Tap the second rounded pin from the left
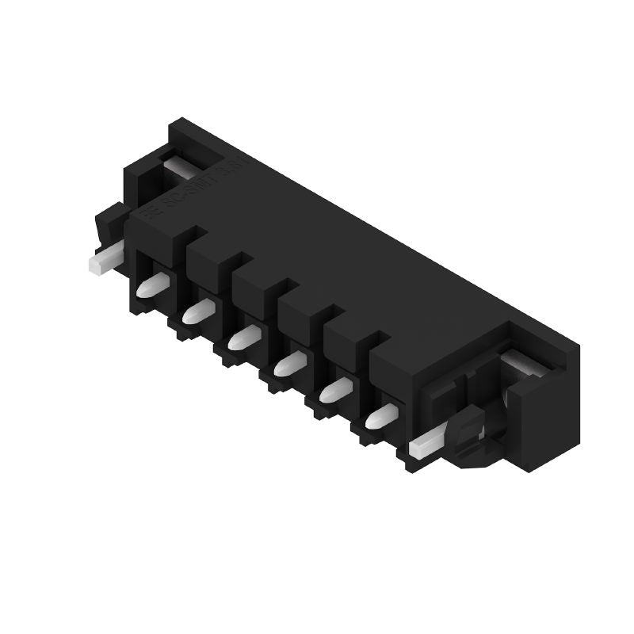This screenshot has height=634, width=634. pos(195,314)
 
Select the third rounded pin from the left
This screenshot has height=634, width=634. pos(240,339)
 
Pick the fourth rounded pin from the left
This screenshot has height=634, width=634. pos(286,365)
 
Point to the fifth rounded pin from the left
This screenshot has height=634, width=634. pos(333,390)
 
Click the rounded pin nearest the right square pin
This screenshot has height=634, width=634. pos(380,415)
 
